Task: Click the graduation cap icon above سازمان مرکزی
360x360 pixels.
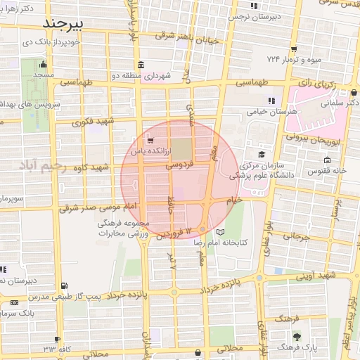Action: tap(261, 154)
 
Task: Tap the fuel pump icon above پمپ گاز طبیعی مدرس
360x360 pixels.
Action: tap(65, 285)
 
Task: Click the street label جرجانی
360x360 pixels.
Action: tap(296, 237)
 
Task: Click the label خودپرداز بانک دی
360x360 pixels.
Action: tap(49, 41)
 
